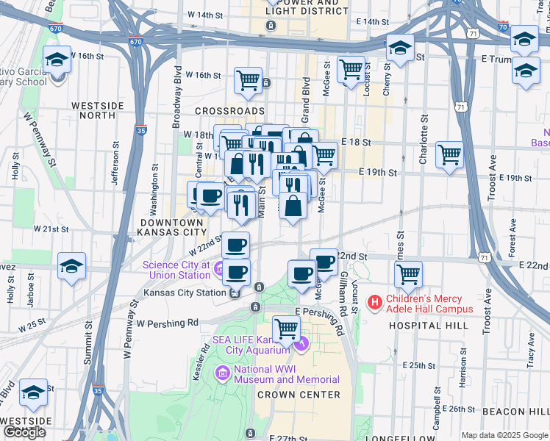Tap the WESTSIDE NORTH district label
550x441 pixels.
click(x=97, y=111)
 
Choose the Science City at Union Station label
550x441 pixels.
click(x=176, y=270)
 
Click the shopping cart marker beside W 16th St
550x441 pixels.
click(x=249, y=81)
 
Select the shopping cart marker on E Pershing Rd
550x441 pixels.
click(x=286, y=329)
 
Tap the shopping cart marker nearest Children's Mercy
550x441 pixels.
click(x=408, y=275)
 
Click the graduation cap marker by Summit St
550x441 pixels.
click(x=71, y=266)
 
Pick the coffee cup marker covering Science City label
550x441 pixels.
click(x=236, y=272)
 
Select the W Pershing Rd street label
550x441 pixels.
click(x=168, y=323)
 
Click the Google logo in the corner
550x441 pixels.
click(x=24, y=433)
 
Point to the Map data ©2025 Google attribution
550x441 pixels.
click(x=504, y=435)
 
